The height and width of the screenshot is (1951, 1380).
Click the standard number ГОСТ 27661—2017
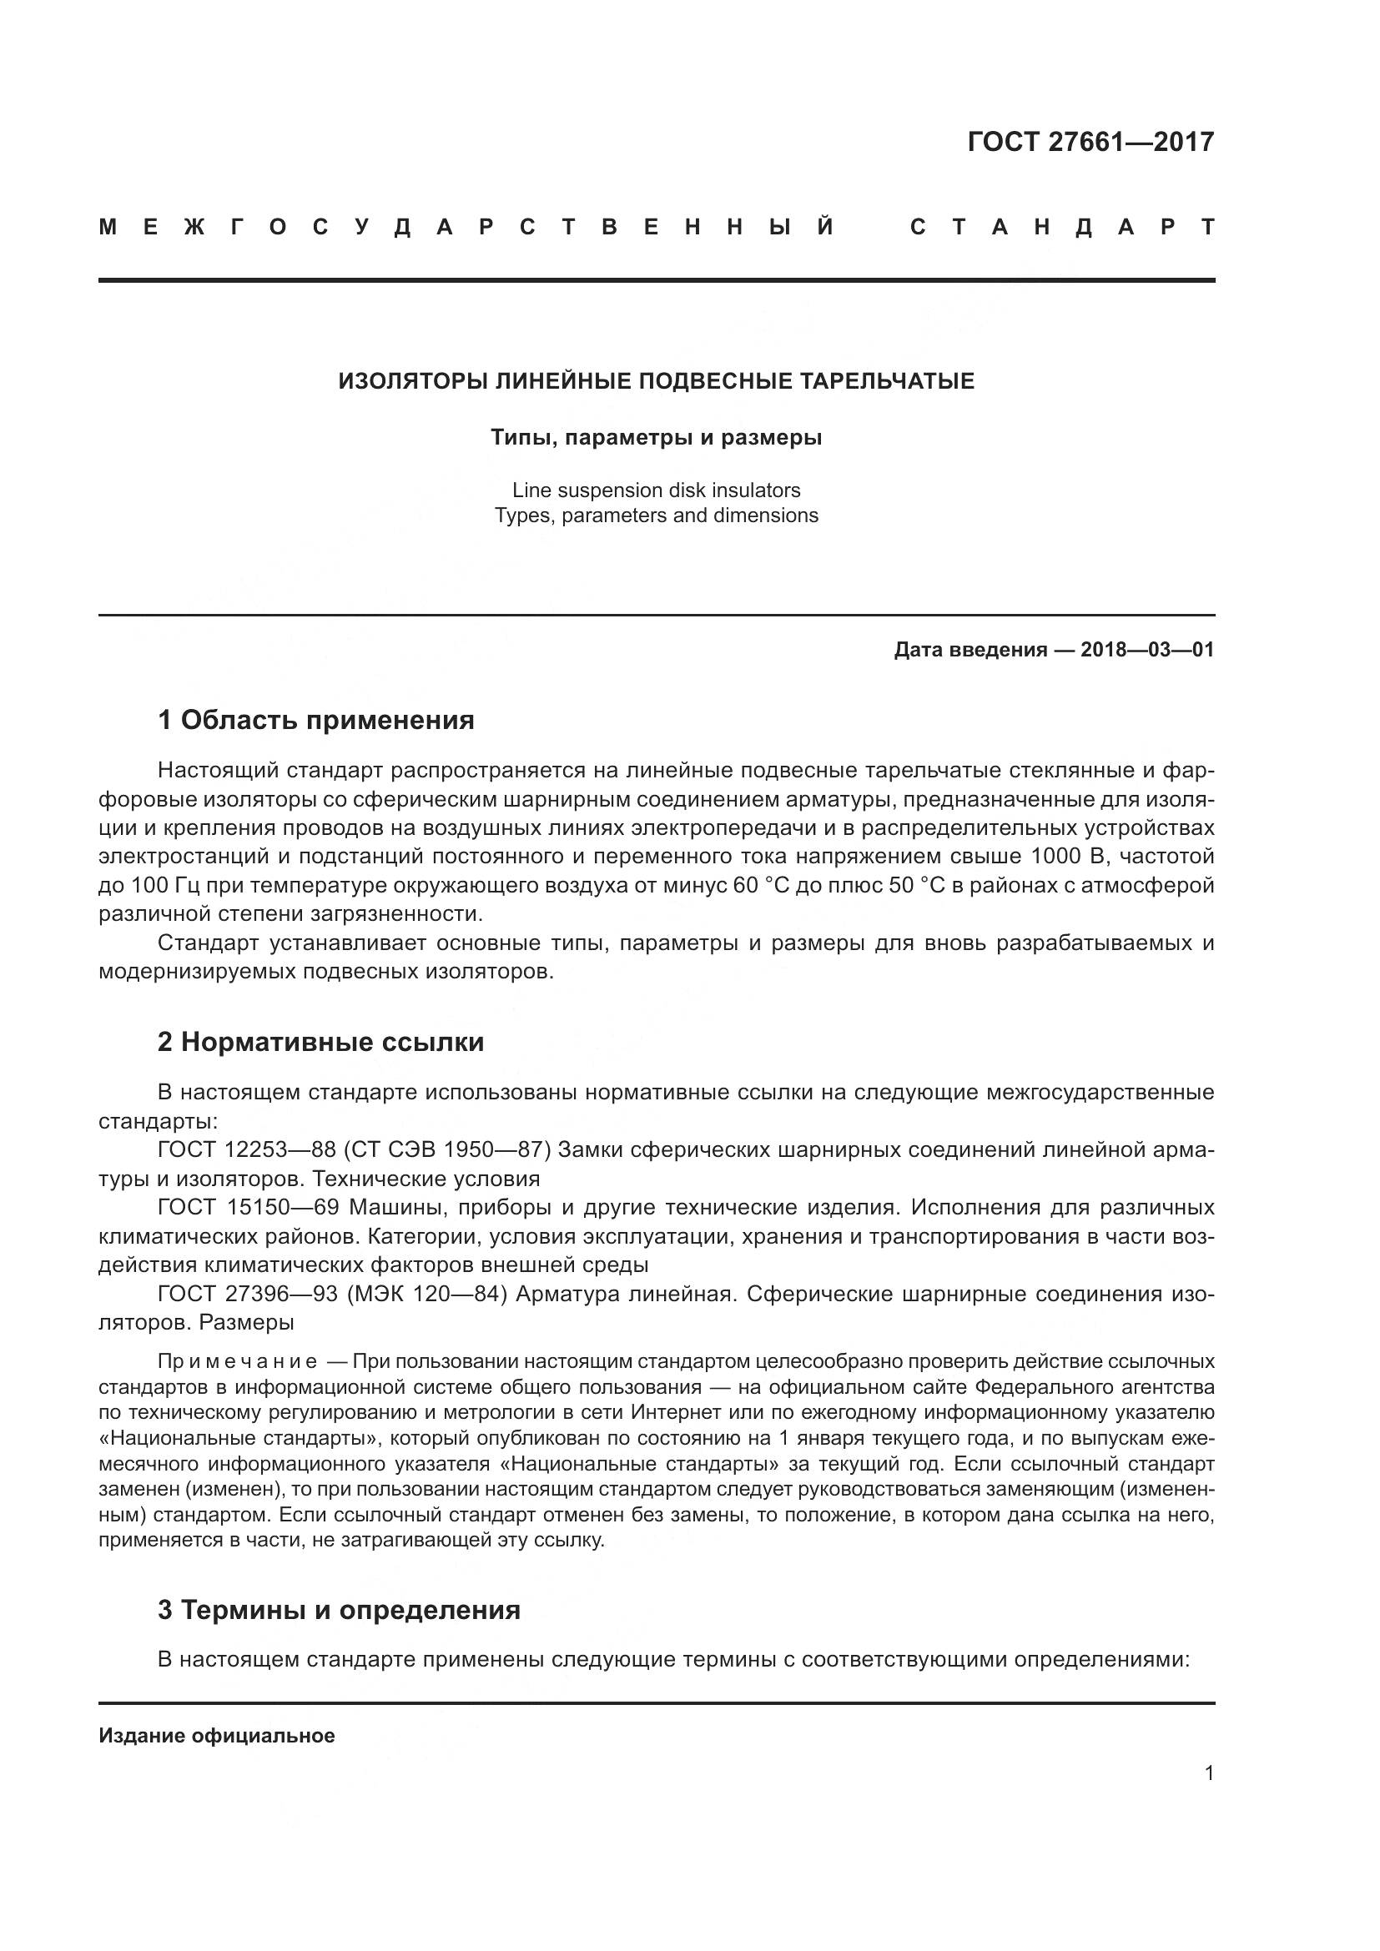(1090, 142)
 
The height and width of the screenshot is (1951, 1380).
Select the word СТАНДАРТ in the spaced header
(1062, 227)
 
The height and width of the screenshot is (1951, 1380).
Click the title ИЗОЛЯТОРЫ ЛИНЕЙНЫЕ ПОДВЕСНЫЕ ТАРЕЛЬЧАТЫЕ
(656, 381)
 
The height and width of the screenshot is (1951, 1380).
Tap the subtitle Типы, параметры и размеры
(656, 439)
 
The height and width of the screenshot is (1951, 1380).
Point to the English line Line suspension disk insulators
(656, 490)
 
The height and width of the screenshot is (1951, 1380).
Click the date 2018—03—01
(1146, 650)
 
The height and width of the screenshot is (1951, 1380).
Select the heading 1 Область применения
(316, 721)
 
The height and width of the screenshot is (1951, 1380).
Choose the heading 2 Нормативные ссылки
(320, 1042)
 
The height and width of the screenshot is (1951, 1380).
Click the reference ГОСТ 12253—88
(246, 1149)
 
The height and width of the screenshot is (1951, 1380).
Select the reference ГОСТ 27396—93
(246, 1295)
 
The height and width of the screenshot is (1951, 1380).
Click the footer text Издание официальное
(217, 1736)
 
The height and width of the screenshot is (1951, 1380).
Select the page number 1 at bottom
(1209, 1773)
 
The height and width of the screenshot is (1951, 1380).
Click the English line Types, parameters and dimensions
(656, 515)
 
